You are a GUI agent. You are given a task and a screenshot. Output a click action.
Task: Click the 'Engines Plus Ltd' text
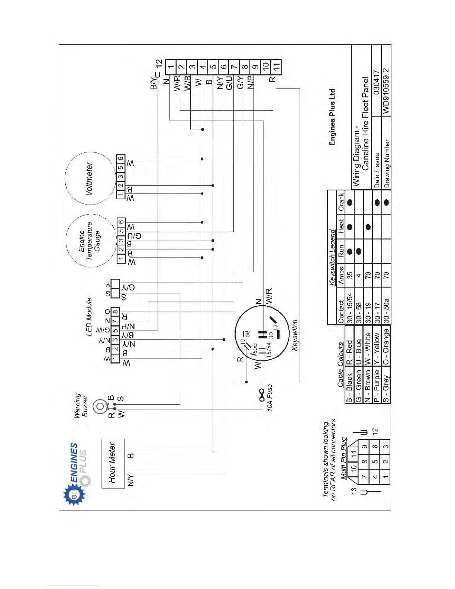tap(332, 116)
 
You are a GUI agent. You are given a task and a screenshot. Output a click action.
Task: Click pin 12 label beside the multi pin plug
tap(375, 431)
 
